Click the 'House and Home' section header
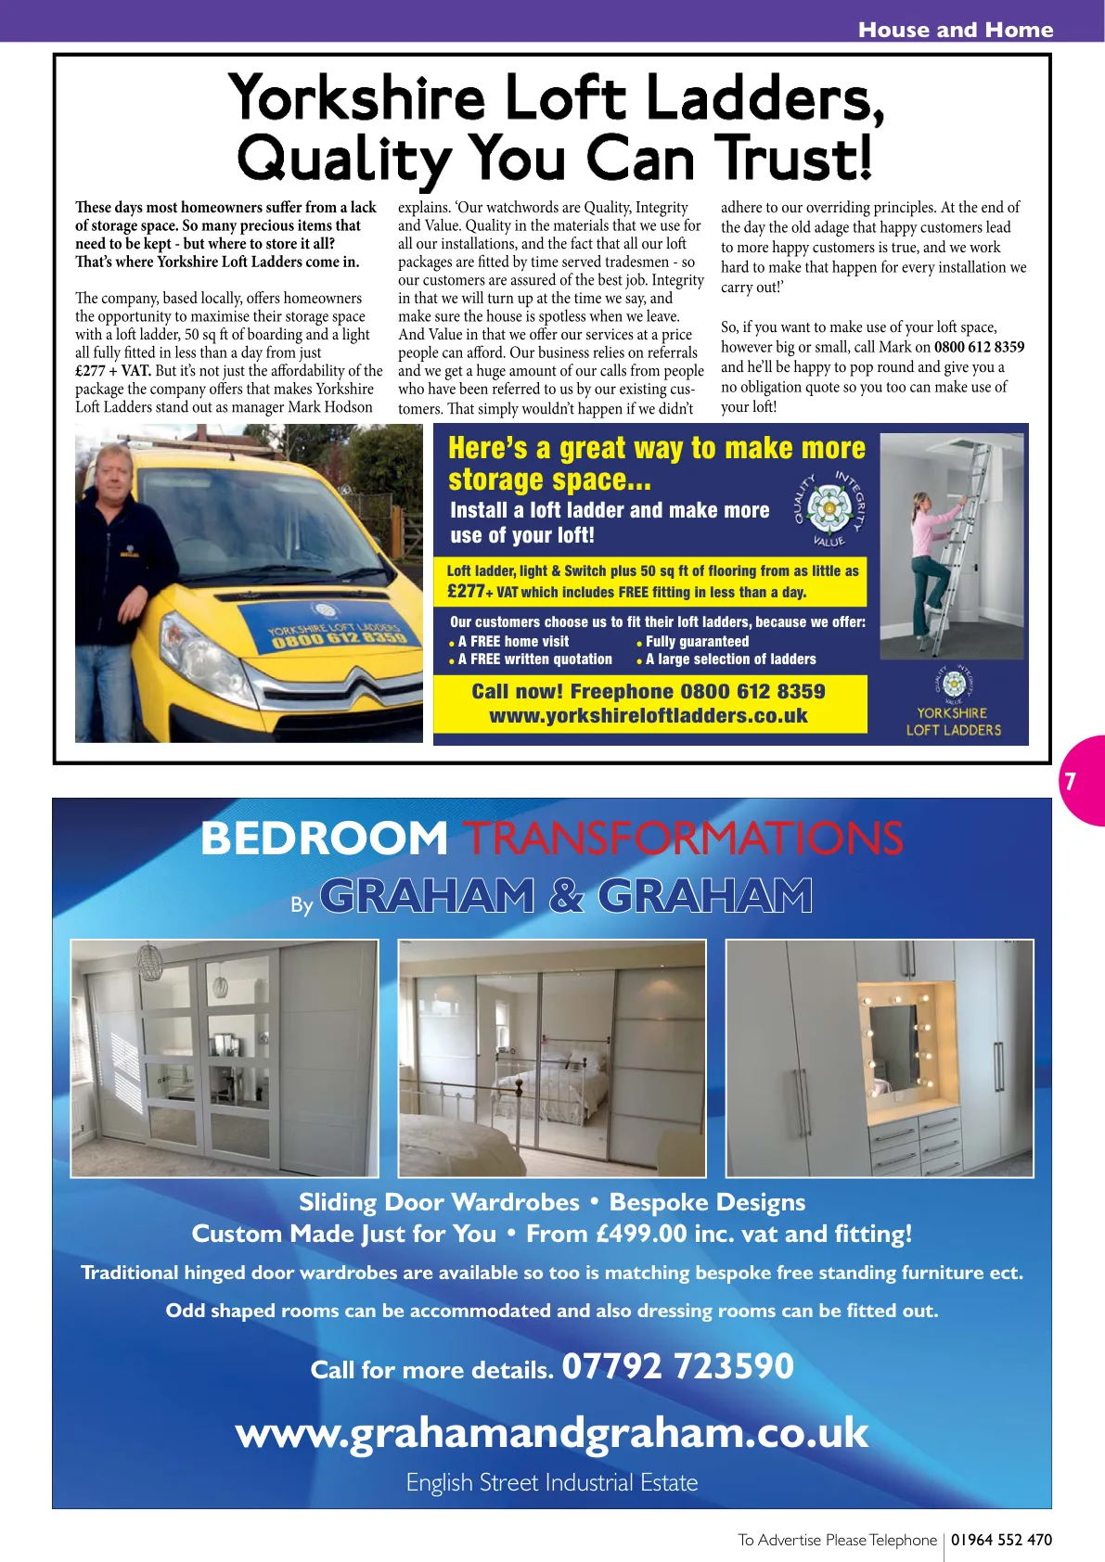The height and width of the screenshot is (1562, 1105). click(955, 30)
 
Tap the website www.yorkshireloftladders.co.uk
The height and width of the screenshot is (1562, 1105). click(649, 716)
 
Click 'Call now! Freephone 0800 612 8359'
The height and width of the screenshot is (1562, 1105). click(649, 691)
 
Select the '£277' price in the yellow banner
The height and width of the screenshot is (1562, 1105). click(466, 591)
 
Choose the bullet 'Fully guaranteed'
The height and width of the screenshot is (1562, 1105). click(697, 641)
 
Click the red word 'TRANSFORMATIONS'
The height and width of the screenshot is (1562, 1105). click(683, 839)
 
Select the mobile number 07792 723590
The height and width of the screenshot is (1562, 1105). click(678, 1366)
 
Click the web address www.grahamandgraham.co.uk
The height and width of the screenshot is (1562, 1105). click(552, 1433)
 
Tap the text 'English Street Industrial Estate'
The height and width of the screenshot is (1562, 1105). click(552, 1482)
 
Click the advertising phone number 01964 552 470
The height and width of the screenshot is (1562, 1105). click(1001, 1540)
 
